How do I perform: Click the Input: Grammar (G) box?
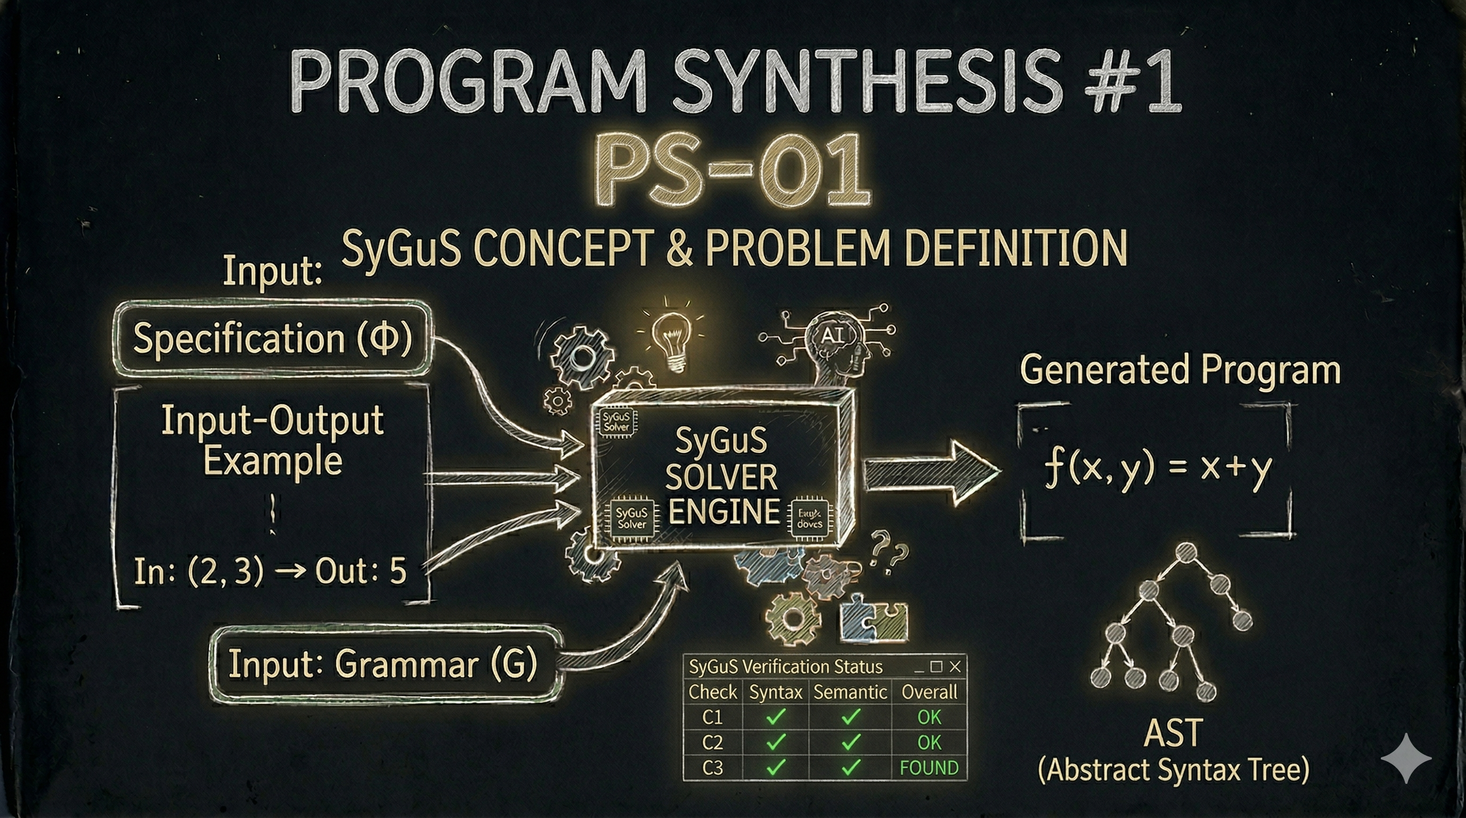(382, 664)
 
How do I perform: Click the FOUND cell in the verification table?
(929, 768)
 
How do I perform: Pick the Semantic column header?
(850, 692)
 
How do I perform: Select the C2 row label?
(713, 742)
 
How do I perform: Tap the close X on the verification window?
(955, 666)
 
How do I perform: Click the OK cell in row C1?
(929, 717)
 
